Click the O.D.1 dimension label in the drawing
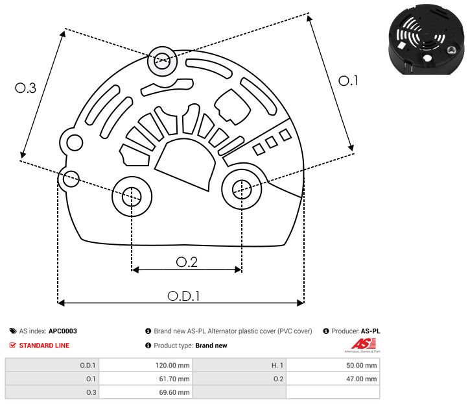point(183,296)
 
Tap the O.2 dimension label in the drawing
point(187,262)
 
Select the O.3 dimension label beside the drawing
point(25,88)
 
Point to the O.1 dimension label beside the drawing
point(349,81)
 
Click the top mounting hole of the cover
point(160,63)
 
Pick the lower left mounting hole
point(132,194)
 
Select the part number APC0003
point(63,331)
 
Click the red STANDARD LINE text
point(44,346)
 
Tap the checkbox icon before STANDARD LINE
point(13,346)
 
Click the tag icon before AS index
point(13,331)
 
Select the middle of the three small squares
point(272,142)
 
